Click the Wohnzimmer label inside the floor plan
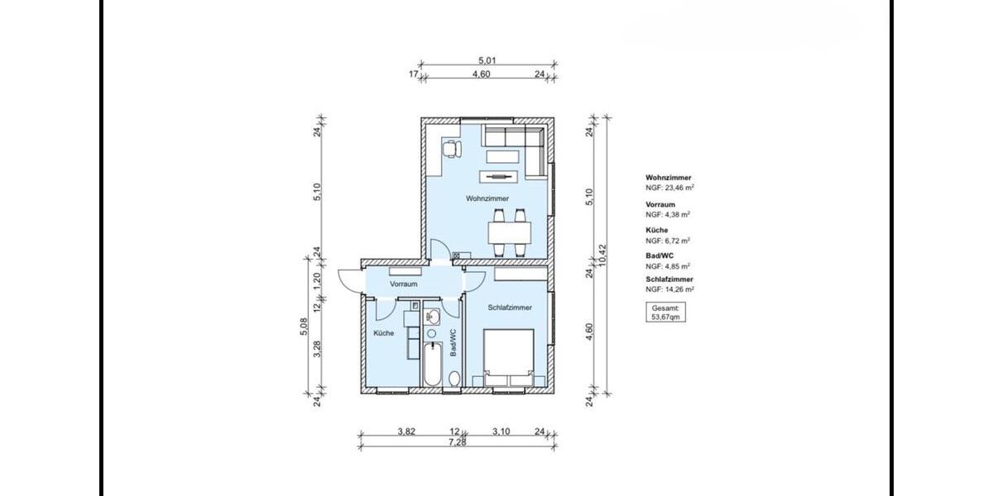[x=487, y=198]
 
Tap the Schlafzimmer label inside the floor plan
[x=510, y=308]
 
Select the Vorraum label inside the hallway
[x=403, y=284]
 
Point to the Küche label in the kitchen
[x=383, y=333]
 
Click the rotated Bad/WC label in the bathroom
[x=453, y=342]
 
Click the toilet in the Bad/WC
[x=453, y=379]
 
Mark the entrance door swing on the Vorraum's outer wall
[x=348, y=281]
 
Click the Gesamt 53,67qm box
[x=666, y=312]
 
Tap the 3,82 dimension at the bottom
[x=405, y=432]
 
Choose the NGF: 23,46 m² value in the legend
[x=669, y=188]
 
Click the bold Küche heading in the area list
[x=656, y=230]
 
